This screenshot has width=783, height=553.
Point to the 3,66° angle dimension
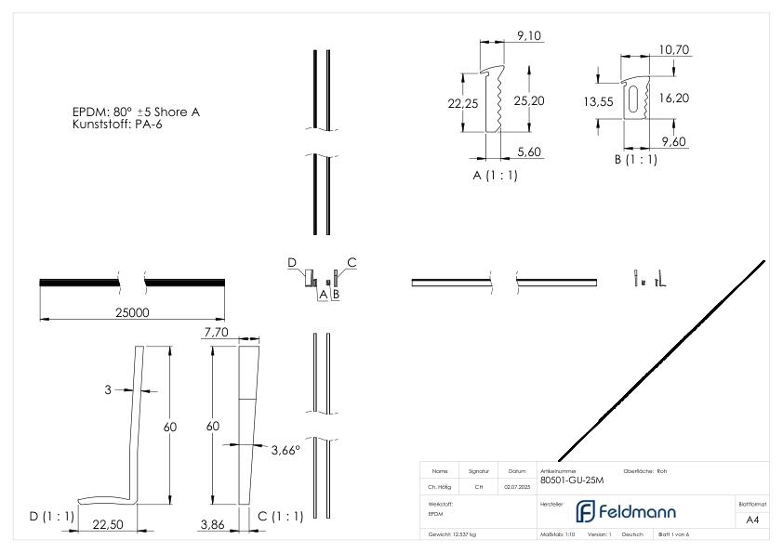pos(285,450)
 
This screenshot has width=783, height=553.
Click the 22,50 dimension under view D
pos(109,524)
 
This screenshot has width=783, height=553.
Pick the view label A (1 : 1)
pos(495,176)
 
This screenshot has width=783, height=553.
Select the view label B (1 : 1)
pos(635,159)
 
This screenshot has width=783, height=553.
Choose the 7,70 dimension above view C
pos(216,332)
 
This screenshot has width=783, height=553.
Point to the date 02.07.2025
pos(517,485)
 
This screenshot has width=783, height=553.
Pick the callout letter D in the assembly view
pos(291,263)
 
